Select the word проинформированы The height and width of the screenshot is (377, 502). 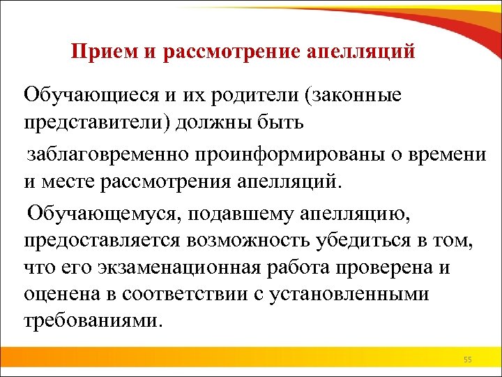(268, 154)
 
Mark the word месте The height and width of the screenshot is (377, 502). (68, 183)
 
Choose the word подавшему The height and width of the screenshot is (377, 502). (228, 212)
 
